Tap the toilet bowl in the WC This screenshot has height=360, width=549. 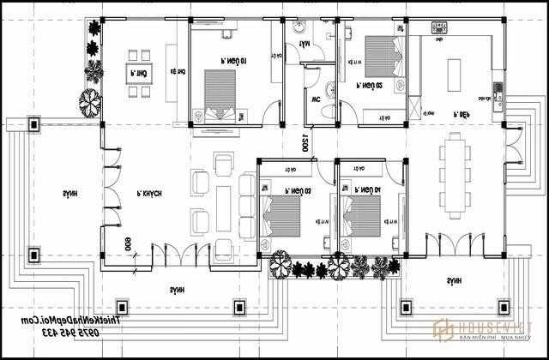330,87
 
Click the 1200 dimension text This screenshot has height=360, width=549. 304,142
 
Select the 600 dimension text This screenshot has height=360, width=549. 128,244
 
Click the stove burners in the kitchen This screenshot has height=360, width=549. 439,28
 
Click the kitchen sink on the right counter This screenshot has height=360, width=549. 495,86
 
